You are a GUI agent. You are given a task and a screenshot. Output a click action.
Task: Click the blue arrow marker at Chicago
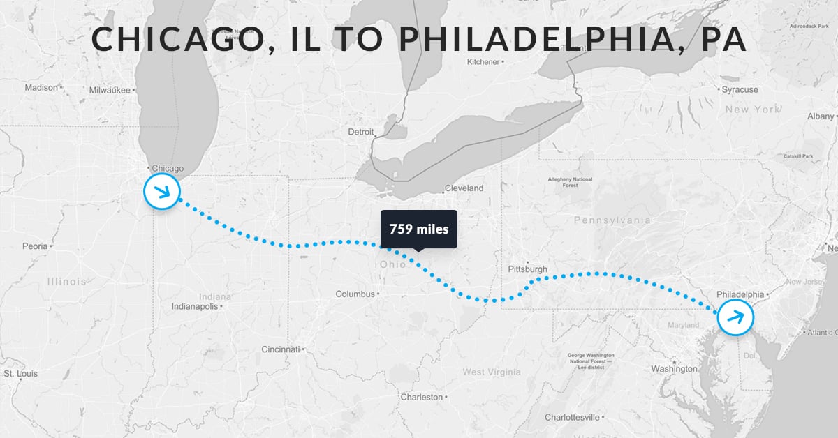coord(162,191)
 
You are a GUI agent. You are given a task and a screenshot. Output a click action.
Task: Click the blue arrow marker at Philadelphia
coord(736,317)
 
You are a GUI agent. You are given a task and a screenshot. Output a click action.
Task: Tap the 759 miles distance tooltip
coord(418,229)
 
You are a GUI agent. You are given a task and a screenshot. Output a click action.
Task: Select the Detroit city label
coord(361,132)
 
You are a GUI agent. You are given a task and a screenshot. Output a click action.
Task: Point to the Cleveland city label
coord(464,188)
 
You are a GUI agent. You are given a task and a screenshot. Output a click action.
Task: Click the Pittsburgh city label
coord(527,269)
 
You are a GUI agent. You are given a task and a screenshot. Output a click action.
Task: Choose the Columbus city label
coord(355,294)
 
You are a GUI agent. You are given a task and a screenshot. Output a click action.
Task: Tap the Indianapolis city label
coord(196,306)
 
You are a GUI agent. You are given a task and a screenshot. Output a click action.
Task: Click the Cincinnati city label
coord(280,349)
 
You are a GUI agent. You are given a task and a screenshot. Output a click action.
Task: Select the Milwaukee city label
coord(110,90)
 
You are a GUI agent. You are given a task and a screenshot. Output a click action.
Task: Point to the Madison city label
coord(41,88)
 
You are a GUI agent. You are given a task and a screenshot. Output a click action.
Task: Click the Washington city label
coord(674,369)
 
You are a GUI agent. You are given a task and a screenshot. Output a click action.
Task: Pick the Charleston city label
coord(421,397)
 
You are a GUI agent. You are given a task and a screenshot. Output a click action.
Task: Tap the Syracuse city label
coord(740,90)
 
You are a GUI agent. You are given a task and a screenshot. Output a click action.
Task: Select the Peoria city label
coord(34,246)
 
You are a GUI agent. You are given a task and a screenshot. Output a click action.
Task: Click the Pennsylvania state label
coord(612,220)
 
